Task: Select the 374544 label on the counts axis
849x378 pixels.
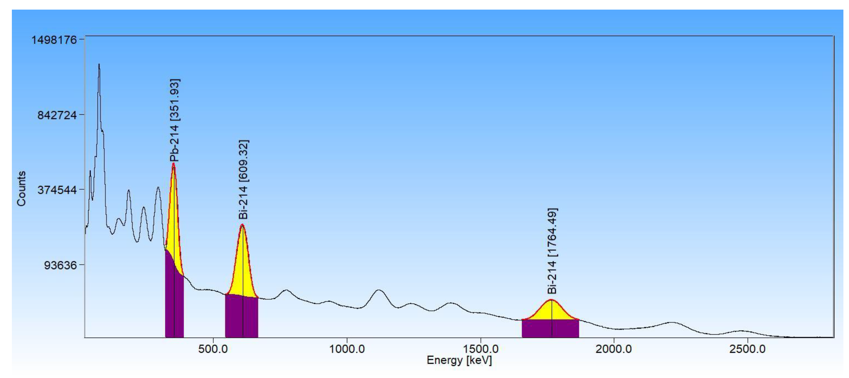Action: (x=57, y=190)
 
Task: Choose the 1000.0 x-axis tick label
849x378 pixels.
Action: (x=347, y=349)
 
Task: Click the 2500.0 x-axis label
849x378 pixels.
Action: (x=747, y=349)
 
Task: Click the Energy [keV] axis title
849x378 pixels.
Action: (x=459, y=360)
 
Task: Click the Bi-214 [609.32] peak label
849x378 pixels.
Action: (x=243, y=179)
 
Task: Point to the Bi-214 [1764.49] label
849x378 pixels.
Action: (x=552, y=251)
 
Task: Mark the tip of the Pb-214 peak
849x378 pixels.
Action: (x=173, y=164)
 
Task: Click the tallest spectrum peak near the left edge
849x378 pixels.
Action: (x=99, y=65)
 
